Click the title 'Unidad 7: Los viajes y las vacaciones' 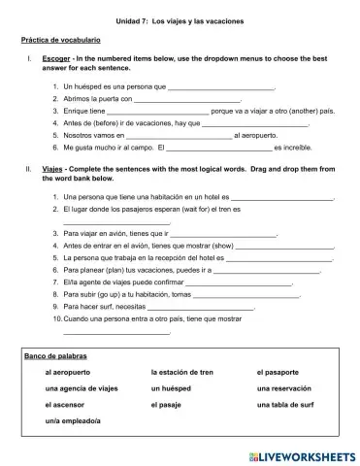(x=180, y=20)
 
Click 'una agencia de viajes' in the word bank (x=82, y=388)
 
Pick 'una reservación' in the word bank (x=288, y=388)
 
